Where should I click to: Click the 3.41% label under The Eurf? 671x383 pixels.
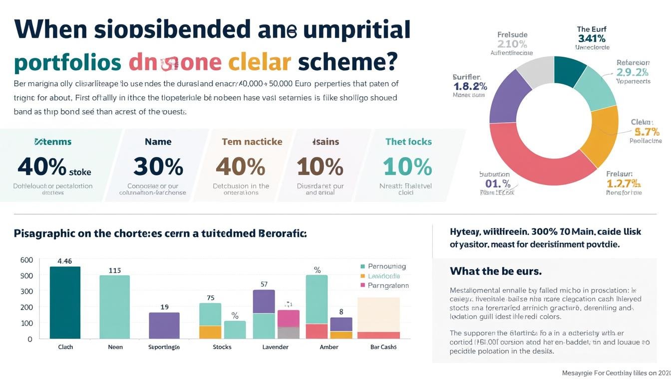click(x=592, y=38)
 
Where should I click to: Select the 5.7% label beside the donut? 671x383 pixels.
click(x=647, y=132)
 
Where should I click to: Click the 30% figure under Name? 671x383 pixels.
click(x=158, y=166)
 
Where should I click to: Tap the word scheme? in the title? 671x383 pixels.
click(x=347, y=62)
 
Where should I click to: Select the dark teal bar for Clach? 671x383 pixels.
click(x=65, y=302)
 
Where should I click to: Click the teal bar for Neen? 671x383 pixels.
click(x=114, y=307)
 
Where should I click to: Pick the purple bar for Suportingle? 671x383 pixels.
click(x=164, y=325)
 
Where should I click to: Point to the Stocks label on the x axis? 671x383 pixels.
click(x=222, y=347)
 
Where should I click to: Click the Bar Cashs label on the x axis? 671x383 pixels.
click(x=383, y=347)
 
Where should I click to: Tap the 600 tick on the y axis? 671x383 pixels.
click(x=26, y=260)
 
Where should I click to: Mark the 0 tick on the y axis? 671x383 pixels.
click(x=30, y=339)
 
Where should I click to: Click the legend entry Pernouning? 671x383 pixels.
click(x=386, y=266)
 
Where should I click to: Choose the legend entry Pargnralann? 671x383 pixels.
click(x=388, y=286)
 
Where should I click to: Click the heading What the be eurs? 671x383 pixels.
click(x=495, y=271)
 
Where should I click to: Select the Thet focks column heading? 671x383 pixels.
click(x=408, y=142)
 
